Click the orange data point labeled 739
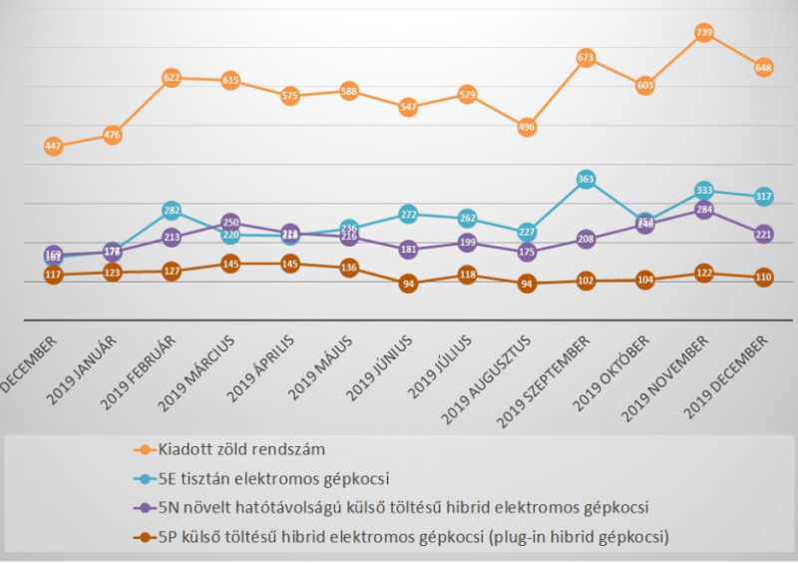703,33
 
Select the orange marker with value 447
54,147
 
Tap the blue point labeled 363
586,180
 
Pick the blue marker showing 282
172,211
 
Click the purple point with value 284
703,211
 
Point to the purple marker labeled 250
230,223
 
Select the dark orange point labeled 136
348,268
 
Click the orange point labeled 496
527,127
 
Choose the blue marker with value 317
763,197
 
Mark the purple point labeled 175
527,253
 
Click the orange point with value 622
172,78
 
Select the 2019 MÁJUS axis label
319,367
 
